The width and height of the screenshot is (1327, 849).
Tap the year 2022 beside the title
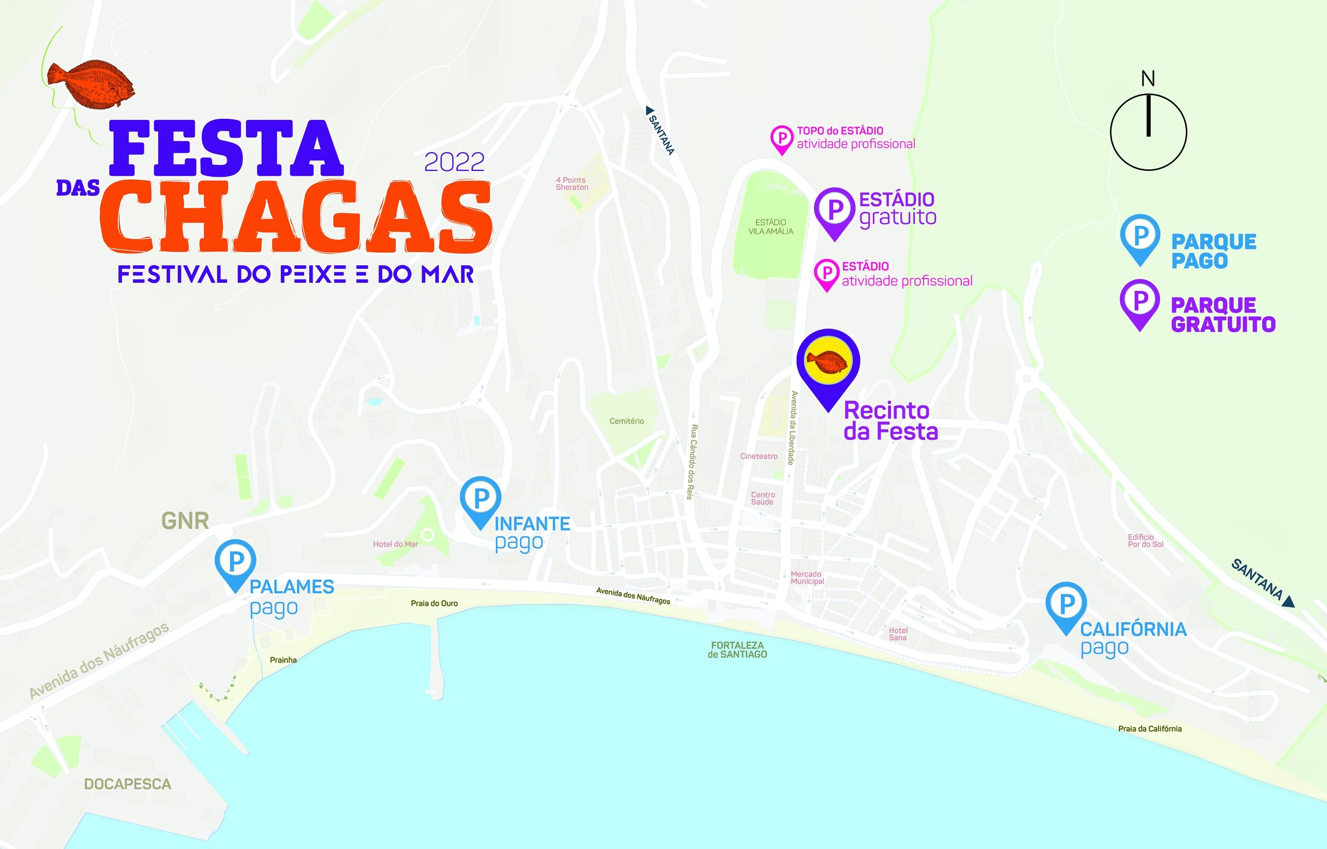[x=454, y=162]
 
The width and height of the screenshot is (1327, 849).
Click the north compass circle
[x=1148, y=132]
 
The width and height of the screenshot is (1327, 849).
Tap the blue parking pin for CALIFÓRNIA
[x=1066, y=604]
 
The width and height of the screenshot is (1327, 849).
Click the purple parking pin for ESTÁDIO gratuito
[x=834, y=210]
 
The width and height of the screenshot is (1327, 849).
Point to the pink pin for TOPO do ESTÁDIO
[x=781, y=138]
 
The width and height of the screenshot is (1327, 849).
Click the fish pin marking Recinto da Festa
[x=828, y=363]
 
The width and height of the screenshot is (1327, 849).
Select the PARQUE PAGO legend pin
[x=1140, y=237]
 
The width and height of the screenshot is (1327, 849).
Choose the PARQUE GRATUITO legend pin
[x=1140, y=301]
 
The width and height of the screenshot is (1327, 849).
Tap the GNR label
[x=185, y=521]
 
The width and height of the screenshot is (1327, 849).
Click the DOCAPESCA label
[x=127, y=784]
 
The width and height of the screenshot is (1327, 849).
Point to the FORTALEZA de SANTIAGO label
[x=737, y=649]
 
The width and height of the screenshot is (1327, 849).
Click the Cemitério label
[x=626, y=421]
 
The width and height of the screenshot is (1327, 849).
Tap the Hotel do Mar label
[x=395, y=544]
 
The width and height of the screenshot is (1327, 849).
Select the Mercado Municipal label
[x=807, y=577]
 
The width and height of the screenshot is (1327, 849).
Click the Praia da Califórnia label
[x=1150, y=729]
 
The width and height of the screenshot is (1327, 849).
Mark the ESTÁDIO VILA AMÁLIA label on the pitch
[x=770, y=227]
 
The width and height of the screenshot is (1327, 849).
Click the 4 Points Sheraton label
[x=572, y=184]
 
